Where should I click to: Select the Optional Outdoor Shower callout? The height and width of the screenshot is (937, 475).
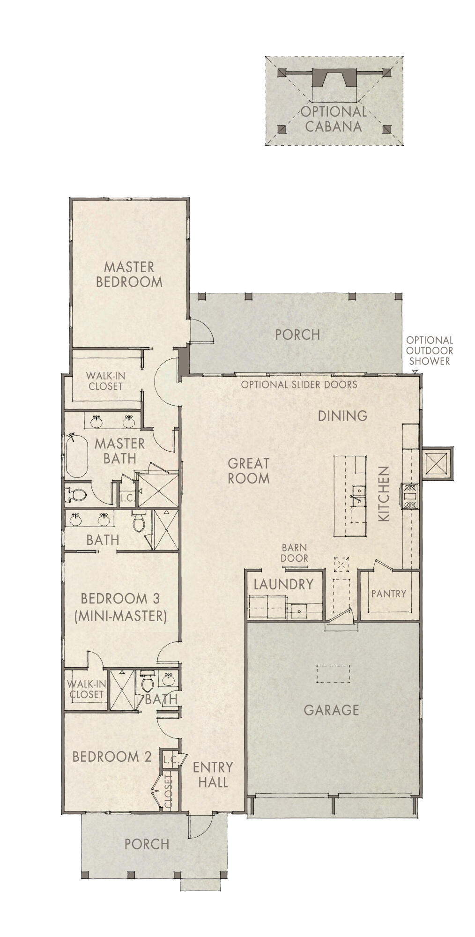coord(429,350)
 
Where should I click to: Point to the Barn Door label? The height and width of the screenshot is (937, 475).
coord(295,553)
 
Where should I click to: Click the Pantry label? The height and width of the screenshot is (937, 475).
coord(388,594)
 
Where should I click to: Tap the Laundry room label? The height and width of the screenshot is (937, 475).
coord(283,584)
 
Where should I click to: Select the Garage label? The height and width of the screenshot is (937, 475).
coord(331,710)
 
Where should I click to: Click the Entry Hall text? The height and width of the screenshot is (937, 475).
coord(213,774)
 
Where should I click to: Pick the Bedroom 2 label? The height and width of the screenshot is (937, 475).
coord(112,757)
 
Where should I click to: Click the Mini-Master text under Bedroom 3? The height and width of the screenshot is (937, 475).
coord(120,616)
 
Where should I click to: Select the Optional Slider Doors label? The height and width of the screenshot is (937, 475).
coord(299,385)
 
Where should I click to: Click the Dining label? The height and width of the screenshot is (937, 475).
coord(342,416)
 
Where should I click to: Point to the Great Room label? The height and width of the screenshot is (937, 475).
coord(248,470)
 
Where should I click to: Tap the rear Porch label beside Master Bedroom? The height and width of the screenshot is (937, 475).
coord(297,335)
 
